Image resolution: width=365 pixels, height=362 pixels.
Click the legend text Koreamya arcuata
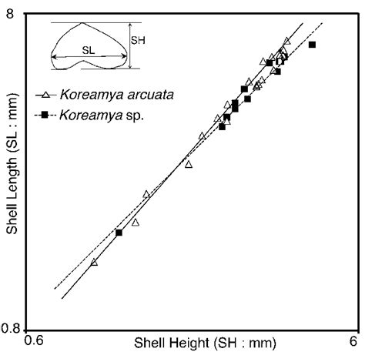(116, 96)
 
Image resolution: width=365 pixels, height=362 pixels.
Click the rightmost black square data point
(313, 45)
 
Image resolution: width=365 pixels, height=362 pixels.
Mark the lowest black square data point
(119, 233)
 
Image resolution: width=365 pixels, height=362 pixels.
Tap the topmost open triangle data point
(287, 41)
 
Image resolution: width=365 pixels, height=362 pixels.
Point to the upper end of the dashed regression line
(322, 24)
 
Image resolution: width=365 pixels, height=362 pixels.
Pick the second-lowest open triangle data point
(136, 222)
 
